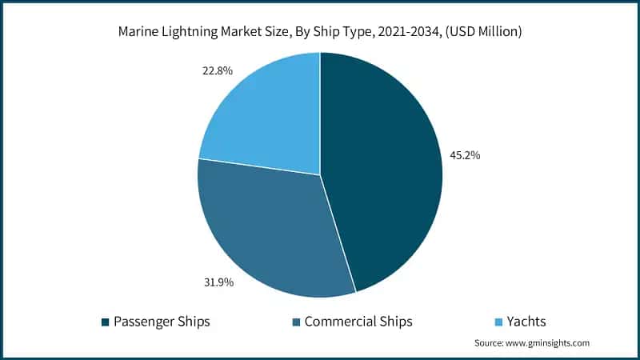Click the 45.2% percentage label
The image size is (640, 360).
click(465, 155)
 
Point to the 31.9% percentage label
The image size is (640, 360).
click(218, 282)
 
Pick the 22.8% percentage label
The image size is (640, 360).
click(218, 70)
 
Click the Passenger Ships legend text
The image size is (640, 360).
click(162, 321)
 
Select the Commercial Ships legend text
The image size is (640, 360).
click(358, 321)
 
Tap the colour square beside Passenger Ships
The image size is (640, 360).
click(105, 322)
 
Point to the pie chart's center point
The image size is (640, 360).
click(320, 174)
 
